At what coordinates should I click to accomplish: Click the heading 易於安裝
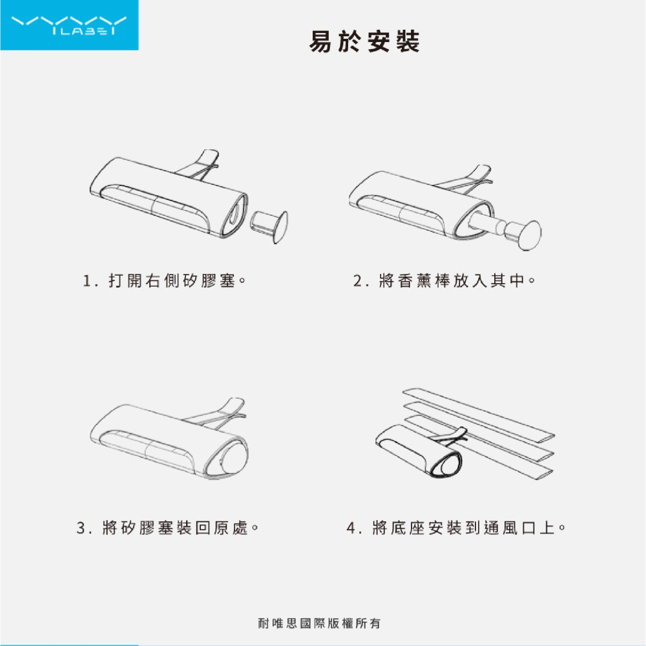tap(365, 42)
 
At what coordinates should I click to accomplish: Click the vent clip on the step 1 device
tap(200, 165)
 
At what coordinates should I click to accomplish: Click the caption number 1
tap(87, 282)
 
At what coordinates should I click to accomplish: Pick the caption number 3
tap(81, 528)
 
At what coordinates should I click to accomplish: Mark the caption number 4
tap(351, 528)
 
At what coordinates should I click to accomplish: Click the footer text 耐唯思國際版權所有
tap(318, 624)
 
